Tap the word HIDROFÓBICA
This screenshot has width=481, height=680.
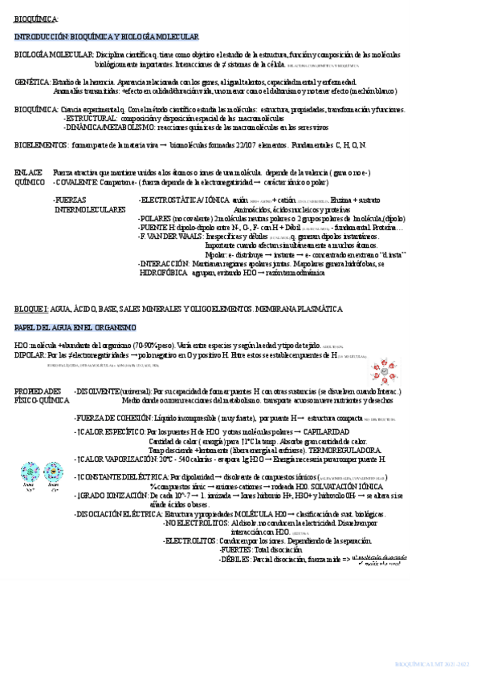tap(164, 272)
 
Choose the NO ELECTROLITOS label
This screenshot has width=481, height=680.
tap(193, 522)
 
